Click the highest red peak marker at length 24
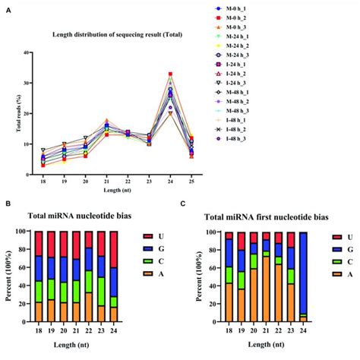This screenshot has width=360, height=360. pyautogui.click(x=171, y=74)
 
